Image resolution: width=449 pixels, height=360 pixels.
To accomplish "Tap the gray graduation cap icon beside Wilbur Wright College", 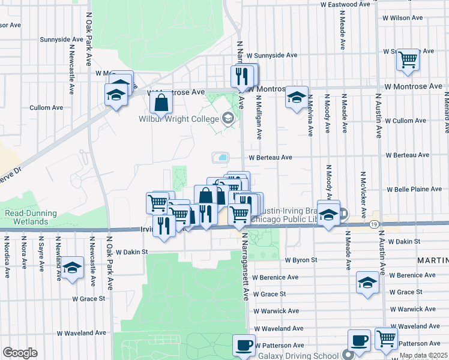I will click(x=228, y=119).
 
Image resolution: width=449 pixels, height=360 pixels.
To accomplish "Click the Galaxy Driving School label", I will click(x=306, y=355).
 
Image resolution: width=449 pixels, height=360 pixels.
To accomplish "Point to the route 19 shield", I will click(x=374, y=223).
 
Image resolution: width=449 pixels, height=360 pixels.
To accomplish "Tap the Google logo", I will click(x=20, y=353).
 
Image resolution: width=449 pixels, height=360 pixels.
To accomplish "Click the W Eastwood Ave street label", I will click(x=345, y=4).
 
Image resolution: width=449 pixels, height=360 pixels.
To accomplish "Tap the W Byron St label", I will click(x=301, y=260).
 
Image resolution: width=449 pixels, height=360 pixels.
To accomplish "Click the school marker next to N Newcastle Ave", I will click(x=72, y=268).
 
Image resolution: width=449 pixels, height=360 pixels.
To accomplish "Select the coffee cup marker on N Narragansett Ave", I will click(x=244, y=345).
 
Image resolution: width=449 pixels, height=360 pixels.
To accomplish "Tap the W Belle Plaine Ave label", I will click(x=414, y=189).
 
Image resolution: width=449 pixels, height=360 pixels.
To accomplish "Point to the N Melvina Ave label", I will click(x=310, y=117).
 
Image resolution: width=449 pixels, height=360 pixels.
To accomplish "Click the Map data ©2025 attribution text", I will click(x=423, y=356).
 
